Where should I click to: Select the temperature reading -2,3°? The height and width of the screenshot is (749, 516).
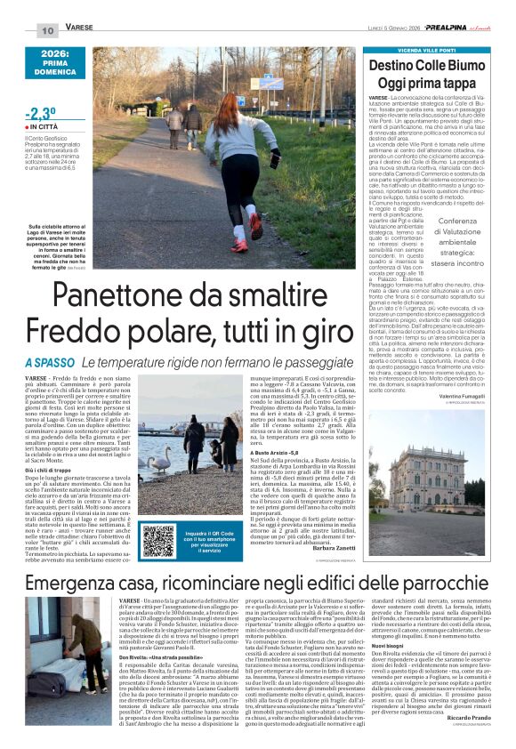42,113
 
